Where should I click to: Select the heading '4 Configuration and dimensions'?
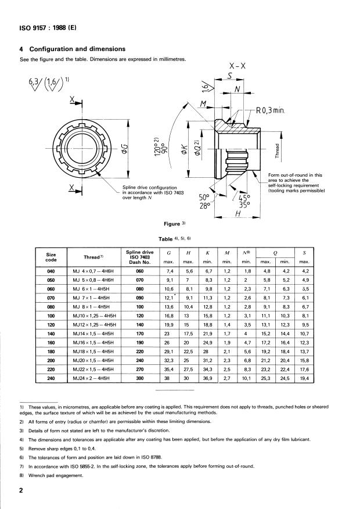coord(73,49)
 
